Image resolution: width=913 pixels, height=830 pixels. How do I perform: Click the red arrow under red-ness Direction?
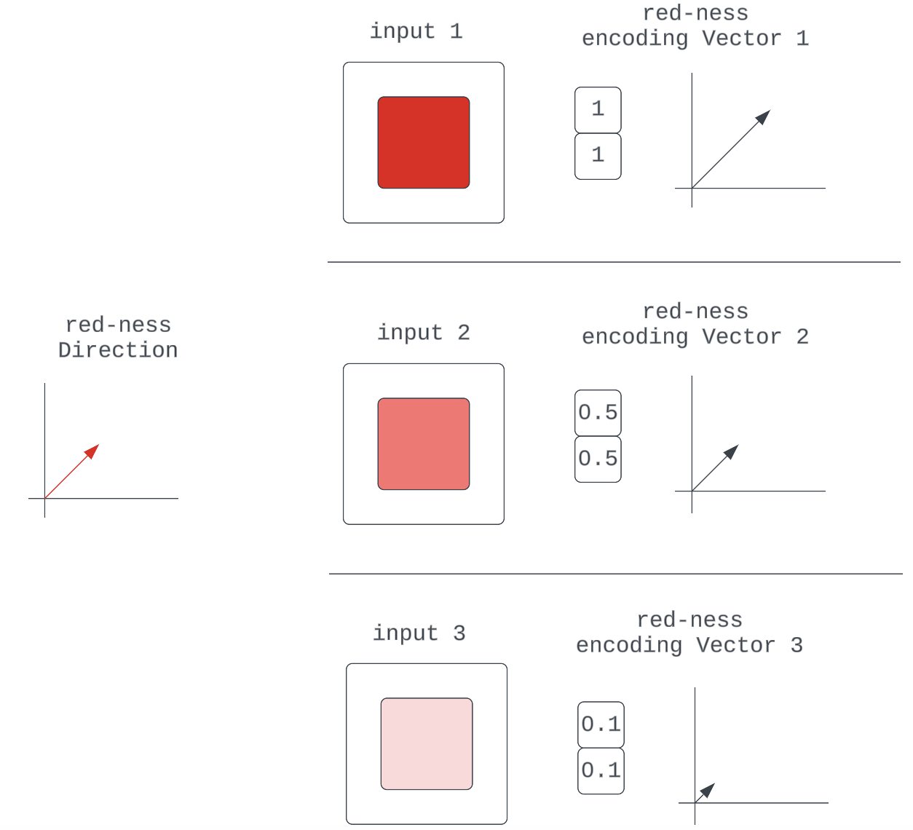(x=71, y=472)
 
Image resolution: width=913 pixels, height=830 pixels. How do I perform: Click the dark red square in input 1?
(x=423, y=143)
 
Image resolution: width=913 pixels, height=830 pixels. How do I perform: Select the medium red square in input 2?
(x=423, y=444)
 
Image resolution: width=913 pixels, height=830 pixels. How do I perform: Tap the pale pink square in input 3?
(x=426, y=744)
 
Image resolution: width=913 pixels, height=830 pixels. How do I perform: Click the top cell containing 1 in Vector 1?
(x=598, y=110)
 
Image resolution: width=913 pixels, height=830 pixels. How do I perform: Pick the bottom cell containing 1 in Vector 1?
(x=598, y=156)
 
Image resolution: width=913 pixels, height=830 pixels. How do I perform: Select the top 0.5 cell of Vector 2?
(x=598, y=413)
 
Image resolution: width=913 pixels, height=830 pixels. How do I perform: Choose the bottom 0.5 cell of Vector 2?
(x=598, y=459)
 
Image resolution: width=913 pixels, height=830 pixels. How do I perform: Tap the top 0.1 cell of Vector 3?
(x=601, y=724)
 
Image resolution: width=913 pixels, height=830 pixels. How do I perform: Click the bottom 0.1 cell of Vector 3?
(x=601, y=770)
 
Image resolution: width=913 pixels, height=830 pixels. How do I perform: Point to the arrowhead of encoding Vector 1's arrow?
(x=764, y=116)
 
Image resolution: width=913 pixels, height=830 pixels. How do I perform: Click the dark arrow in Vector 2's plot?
(x=715, y=467)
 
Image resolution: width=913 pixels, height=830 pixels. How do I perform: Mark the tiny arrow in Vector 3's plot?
(x=705, y=793)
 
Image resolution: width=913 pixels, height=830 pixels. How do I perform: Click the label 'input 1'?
(x=416, y=31)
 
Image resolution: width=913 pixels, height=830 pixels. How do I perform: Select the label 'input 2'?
(x=423, y=333)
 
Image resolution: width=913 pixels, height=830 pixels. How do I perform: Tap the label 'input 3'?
(x=419, y=633)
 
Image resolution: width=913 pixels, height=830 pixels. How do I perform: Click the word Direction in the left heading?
(x=118, y=350)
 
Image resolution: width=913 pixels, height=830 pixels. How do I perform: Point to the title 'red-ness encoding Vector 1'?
(x=695, y=26)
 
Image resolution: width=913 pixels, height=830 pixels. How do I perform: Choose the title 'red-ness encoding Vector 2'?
(x=695, y=325)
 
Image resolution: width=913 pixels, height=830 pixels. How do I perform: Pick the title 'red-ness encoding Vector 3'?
(x=689, y=633)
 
